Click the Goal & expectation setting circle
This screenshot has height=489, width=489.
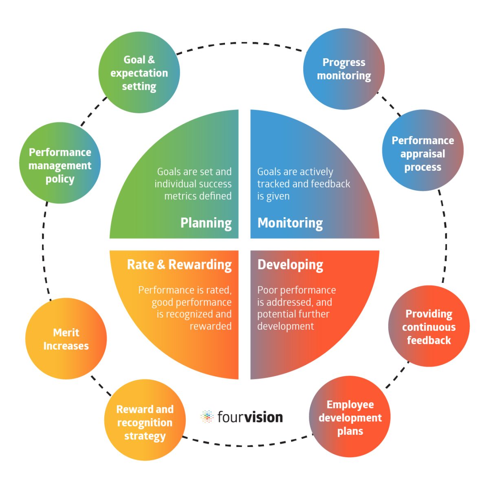coord(139,73)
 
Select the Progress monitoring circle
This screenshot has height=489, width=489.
coord(344,69)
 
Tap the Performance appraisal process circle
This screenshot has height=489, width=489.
coord(423,150)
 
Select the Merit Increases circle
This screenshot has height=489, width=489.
coord(66,339)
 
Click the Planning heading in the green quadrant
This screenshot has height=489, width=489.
coord(206,223)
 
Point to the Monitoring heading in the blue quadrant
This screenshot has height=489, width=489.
coord(290,223)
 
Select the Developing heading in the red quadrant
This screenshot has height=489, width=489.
coord(290,265)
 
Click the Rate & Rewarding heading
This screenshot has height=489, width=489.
coord(179,265)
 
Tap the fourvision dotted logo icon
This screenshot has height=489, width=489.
coord(207,416)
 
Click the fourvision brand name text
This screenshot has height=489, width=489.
coord(250,417)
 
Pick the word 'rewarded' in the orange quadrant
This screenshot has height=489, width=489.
coord(210,326)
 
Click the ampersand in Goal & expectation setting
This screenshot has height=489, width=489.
coord(151,59)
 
